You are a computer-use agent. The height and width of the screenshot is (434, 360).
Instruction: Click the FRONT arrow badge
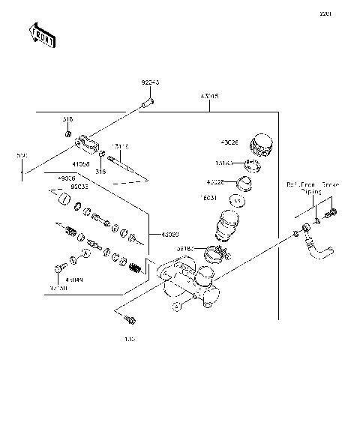(40, 35)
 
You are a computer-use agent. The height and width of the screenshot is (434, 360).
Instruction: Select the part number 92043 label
(150, 83)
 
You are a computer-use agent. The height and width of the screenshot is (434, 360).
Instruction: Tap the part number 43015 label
(209, 97)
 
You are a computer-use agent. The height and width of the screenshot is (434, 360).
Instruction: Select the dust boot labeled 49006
(64, 200)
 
